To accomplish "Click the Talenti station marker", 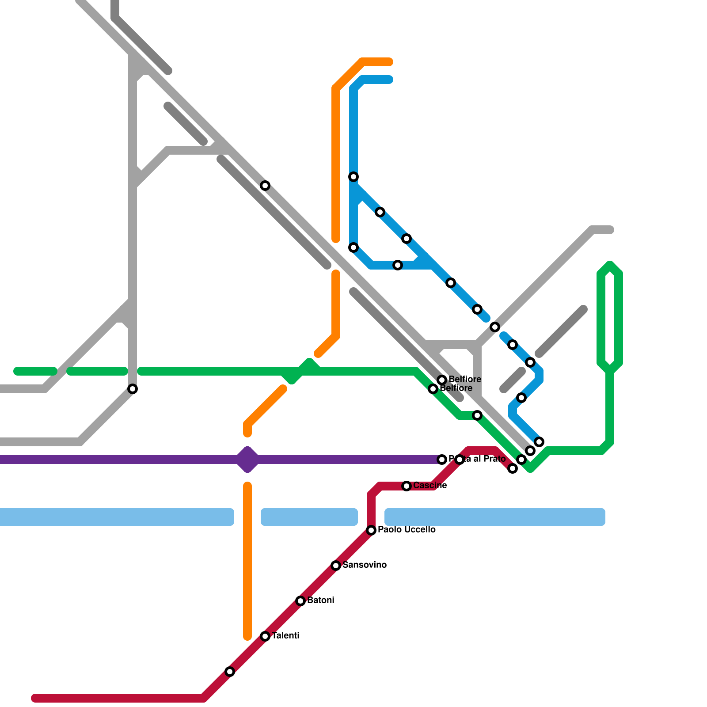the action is [x=265, y=636].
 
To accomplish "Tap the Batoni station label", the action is [x=320, y=601].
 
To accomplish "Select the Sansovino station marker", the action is [x=336, y=566].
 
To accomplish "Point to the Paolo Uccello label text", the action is [x=407, y=530].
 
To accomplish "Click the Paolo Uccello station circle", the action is [x=371, y=530].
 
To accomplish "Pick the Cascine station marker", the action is [x=407, y=486].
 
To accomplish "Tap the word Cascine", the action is [x=430, y=486].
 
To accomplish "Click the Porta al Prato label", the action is [x=477, y=459].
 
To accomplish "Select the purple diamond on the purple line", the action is [x=247, y=460].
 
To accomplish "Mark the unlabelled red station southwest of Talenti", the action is [x=230, y=672].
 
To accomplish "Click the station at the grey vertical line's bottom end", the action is [x=133, y=389].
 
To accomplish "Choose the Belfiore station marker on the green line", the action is [x=433, y=389].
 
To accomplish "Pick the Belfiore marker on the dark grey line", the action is [x=442, y=380].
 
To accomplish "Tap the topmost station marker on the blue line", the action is [x=353, y=177].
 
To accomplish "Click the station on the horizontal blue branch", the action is [x=398, y=265].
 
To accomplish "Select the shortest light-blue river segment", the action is [x=309, y=517].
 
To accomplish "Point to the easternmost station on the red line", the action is [x=513, y=468].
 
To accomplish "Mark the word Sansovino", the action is [x=364, y=565].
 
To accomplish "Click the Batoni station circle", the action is [x=300, y=601].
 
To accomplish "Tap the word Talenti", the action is [x=285, y=636].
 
